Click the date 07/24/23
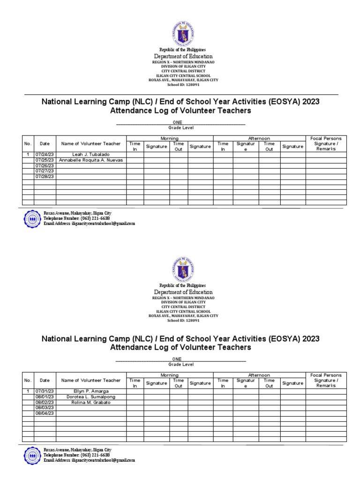tap(45, 154)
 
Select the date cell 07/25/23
tap(45, 160)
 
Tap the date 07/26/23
tap(45, 165)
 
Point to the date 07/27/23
tap(45, 171)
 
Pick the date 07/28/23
tap(45, 177)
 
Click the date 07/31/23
tap(45, 391)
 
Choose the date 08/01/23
tap(45, 397)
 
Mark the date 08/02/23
tap(45, 402)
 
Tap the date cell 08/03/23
tap(45, 408)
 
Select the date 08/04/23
tap(45, 413)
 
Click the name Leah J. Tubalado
tap(91, 154)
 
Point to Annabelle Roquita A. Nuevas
tap(91, 160)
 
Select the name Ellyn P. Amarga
tap(91, 391)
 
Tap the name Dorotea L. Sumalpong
tap(91, 397)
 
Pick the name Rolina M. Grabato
tap(91, 402)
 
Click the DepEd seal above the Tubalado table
tap(183, 32)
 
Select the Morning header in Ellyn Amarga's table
tap(169, 375)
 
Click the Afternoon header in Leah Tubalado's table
tap(259, 138)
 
